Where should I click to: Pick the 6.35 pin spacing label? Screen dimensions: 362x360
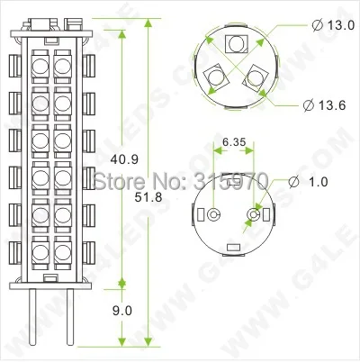click(234, 141)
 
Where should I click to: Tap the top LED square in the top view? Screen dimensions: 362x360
click(237, 42)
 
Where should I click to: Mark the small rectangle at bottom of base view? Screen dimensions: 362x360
click(233, 246)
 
